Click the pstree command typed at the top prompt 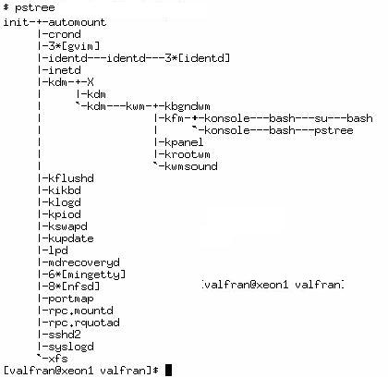[x=35, y=8]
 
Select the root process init [x=16, y=22]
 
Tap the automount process [x=77, y=22]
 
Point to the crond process [x=65, y=34]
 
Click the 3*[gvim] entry [x=74, y=46]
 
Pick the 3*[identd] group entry [x=198, y=58]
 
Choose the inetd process [x=65, y=70]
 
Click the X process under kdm [x=90, y=82]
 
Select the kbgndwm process [x=188, y=106]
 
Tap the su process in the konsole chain [x=321, y=118]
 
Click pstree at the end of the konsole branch [x=333, y=130]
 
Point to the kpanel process [x=184, y=142]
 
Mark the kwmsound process [x=191, y=166]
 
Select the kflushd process [x=71, y=178]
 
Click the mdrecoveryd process [x=84, y=262]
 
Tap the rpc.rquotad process [x=84, y=323]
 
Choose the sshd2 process [x=65, y=335]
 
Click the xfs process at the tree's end [x=58, y=359]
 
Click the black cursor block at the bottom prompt [x=168, y=371]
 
